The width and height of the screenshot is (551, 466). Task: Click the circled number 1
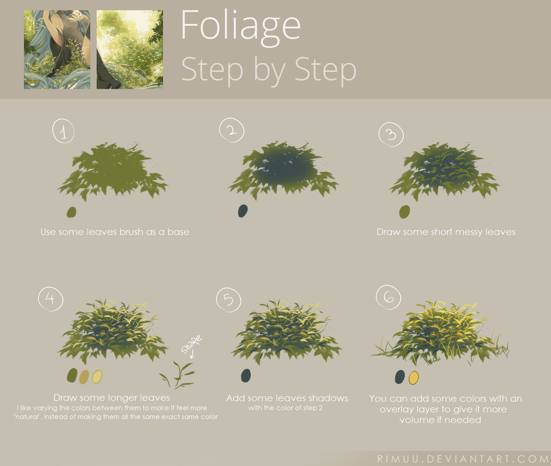pos(63,131)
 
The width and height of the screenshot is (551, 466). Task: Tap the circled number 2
pos(231,130)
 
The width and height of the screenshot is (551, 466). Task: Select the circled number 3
pos(391,134)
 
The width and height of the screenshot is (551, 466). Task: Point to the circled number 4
pos(50,298)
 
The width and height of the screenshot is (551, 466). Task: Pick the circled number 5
pos(228,299)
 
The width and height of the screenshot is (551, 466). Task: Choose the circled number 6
pos(388,298)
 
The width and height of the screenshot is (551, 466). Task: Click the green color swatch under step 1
pos(71,212)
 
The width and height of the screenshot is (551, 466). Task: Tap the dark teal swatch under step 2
pos(242,211)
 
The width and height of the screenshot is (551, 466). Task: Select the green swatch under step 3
pos(404,211)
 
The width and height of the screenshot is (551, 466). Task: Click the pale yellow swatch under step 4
pos(97,377)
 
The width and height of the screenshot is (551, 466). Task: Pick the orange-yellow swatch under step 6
pos(413,378)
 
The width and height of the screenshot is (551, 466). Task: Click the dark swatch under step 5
pos(246,376)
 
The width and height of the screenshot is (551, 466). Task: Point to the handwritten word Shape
pos(191,344)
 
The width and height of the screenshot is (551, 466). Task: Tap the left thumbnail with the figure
pos(57,50)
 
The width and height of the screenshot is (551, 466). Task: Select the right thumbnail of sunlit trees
pos(130,50)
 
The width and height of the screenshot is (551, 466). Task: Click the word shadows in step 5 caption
pos(328,398)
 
